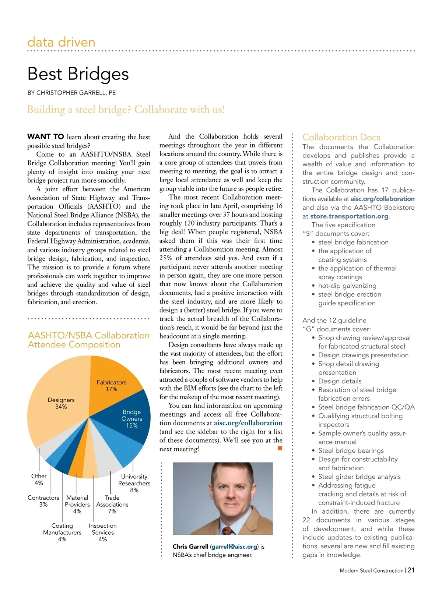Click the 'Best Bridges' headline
pyautogui.click(x=78, y=74)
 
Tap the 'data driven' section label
pyautogui.click(x=61, y=42)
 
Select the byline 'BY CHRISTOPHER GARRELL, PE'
pyautogui.click(x=71, y=93)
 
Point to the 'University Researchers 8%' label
pyautogui.click(x=134, y=483)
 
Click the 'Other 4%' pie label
pyautogui.click(x=39, y=479)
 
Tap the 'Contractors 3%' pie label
pyautogui.click(x=43, y=501)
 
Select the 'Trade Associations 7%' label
pyautogui.click(x=112, y=504)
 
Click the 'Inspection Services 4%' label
pyautogui.click(x=103, y=532)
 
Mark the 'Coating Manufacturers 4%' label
pyautogui.click(x=62, y=532)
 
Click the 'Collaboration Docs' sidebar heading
pyautogui.click(x=341, y=137)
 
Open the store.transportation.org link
pyautogui.click(x=349, y=216)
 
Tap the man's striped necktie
pyautogui.click(x=228, y=530)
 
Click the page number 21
pyautogui.click(x=411, y=570)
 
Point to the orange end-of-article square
pyautogui.click(x=280, y=448)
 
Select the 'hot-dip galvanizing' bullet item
pyautogui.click(x=347, y=286)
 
